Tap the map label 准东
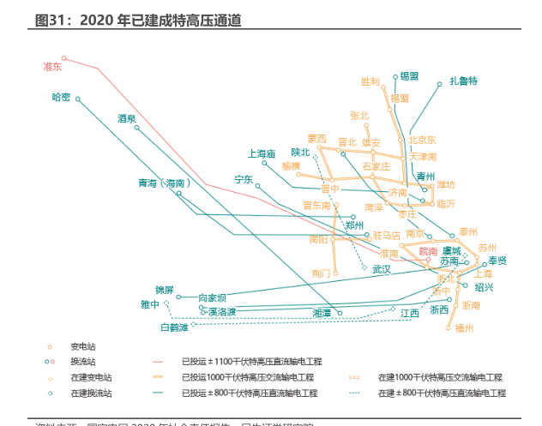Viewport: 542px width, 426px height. click(53, 66)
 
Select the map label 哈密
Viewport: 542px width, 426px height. click(62, 97)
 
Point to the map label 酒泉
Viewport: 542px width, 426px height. click(128, 118)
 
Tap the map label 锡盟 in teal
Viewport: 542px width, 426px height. click(409, 75)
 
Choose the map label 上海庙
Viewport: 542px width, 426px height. click(261, 154)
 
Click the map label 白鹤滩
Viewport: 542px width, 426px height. click(175, 327)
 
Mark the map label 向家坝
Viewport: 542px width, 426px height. click(212, 297)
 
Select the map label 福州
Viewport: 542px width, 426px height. click(465, 327)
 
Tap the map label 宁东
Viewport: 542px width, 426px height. click(244, 180)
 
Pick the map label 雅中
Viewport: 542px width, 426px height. click(150, 304)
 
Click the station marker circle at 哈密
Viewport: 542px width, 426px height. click(78, 99)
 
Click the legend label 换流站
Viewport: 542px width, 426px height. click(83, 362)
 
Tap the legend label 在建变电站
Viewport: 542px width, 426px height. click(91, 377)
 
